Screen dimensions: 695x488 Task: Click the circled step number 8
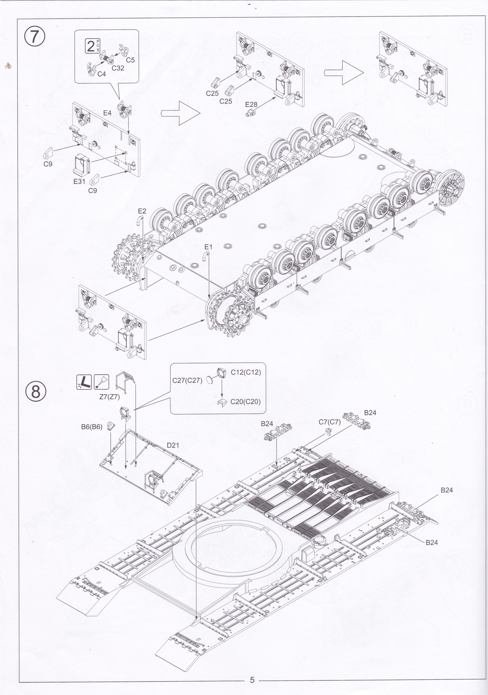35,392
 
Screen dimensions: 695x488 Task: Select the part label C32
118,68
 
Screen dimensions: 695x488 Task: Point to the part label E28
251,104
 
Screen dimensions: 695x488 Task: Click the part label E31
79,182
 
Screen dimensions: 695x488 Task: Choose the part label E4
107,113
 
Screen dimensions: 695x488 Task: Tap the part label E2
142,211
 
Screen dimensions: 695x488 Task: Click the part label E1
208,247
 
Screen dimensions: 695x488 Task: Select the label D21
173,445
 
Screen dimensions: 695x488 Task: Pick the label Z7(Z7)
110,397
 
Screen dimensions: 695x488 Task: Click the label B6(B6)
92,427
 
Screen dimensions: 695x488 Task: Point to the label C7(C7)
330,422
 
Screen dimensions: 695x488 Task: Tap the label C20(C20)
245,402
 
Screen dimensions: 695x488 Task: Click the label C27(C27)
187,380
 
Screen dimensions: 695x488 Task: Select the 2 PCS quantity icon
93,46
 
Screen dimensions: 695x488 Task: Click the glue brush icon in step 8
101,382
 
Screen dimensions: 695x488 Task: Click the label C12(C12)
246,372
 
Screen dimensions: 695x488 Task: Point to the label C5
130,60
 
